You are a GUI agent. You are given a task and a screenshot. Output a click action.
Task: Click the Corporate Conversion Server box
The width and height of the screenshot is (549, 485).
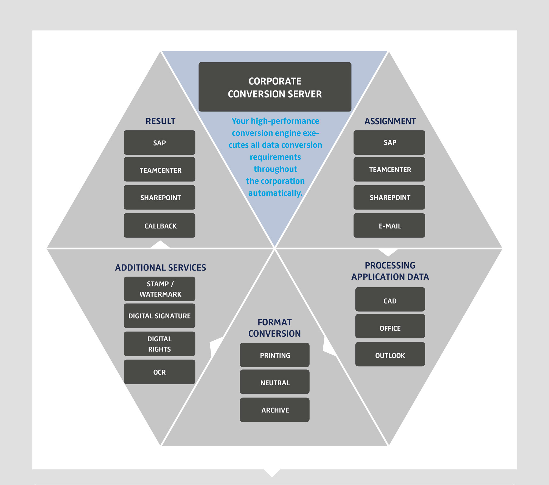(275, 87)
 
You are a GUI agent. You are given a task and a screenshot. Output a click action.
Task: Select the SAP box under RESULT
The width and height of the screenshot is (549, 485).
(159, 143)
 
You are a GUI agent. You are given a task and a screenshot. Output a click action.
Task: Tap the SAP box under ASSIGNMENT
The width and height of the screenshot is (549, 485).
(389, 142)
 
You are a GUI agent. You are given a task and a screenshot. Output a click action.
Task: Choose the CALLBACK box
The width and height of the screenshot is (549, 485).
(159, 225)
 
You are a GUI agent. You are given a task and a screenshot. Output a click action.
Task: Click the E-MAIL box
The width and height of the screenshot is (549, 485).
(389, 225)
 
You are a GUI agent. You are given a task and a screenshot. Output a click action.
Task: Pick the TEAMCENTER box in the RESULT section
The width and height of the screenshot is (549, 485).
(159, 169)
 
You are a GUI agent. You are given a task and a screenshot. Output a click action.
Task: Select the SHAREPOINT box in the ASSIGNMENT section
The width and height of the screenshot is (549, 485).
(389, 197)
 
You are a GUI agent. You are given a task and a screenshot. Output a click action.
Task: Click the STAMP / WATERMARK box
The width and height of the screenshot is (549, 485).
(159, 289)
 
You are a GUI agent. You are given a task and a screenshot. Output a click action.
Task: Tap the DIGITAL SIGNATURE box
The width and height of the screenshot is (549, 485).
(159, 316)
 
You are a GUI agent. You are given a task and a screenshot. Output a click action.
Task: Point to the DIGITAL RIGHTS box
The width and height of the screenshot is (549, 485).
(159, 344)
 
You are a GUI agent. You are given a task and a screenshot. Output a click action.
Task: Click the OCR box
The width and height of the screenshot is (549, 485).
(159, 372)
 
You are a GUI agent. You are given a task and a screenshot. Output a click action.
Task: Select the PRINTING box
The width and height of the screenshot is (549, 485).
(274, 355)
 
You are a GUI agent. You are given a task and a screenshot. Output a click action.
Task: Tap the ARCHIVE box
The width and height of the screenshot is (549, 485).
(274, 410)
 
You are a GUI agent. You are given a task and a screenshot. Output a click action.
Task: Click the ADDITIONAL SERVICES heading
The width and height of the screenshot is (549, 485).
(161, 267)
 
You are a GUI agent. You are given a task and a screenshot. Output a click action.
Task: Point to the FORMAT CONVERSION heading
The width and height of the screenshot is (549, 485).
(274, 328)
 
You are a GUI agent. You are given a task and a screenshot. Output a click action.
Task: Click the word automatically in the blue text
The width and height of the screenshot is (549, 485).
(275, 193)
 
